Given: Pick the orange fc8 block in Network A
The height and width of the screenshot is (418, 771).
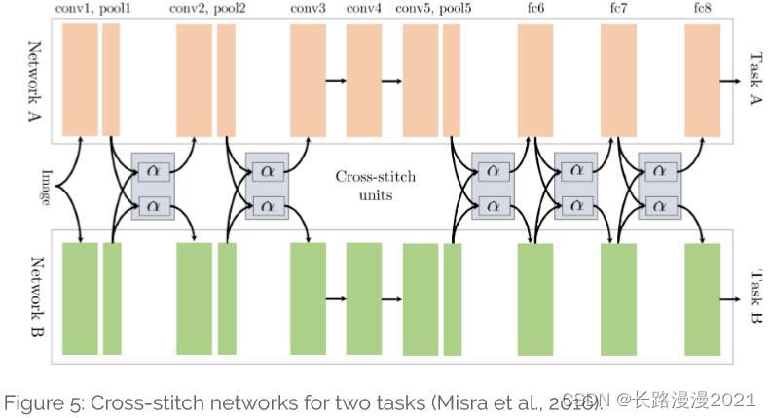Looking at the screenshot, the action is tap(702, 80).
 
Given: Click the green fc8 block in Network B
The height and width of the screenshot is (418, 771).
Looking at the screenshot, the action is tap(702, 298).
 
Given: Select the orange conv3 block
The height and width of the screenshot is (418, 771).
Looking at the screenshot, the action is tap(308, 80).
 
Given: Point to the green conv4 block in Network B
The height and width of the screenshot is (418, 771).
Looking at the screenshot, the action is tap(364, 298).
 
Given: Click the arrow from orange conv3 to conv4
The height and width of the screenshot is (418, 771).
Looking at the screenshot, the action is tap(336, 80).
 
